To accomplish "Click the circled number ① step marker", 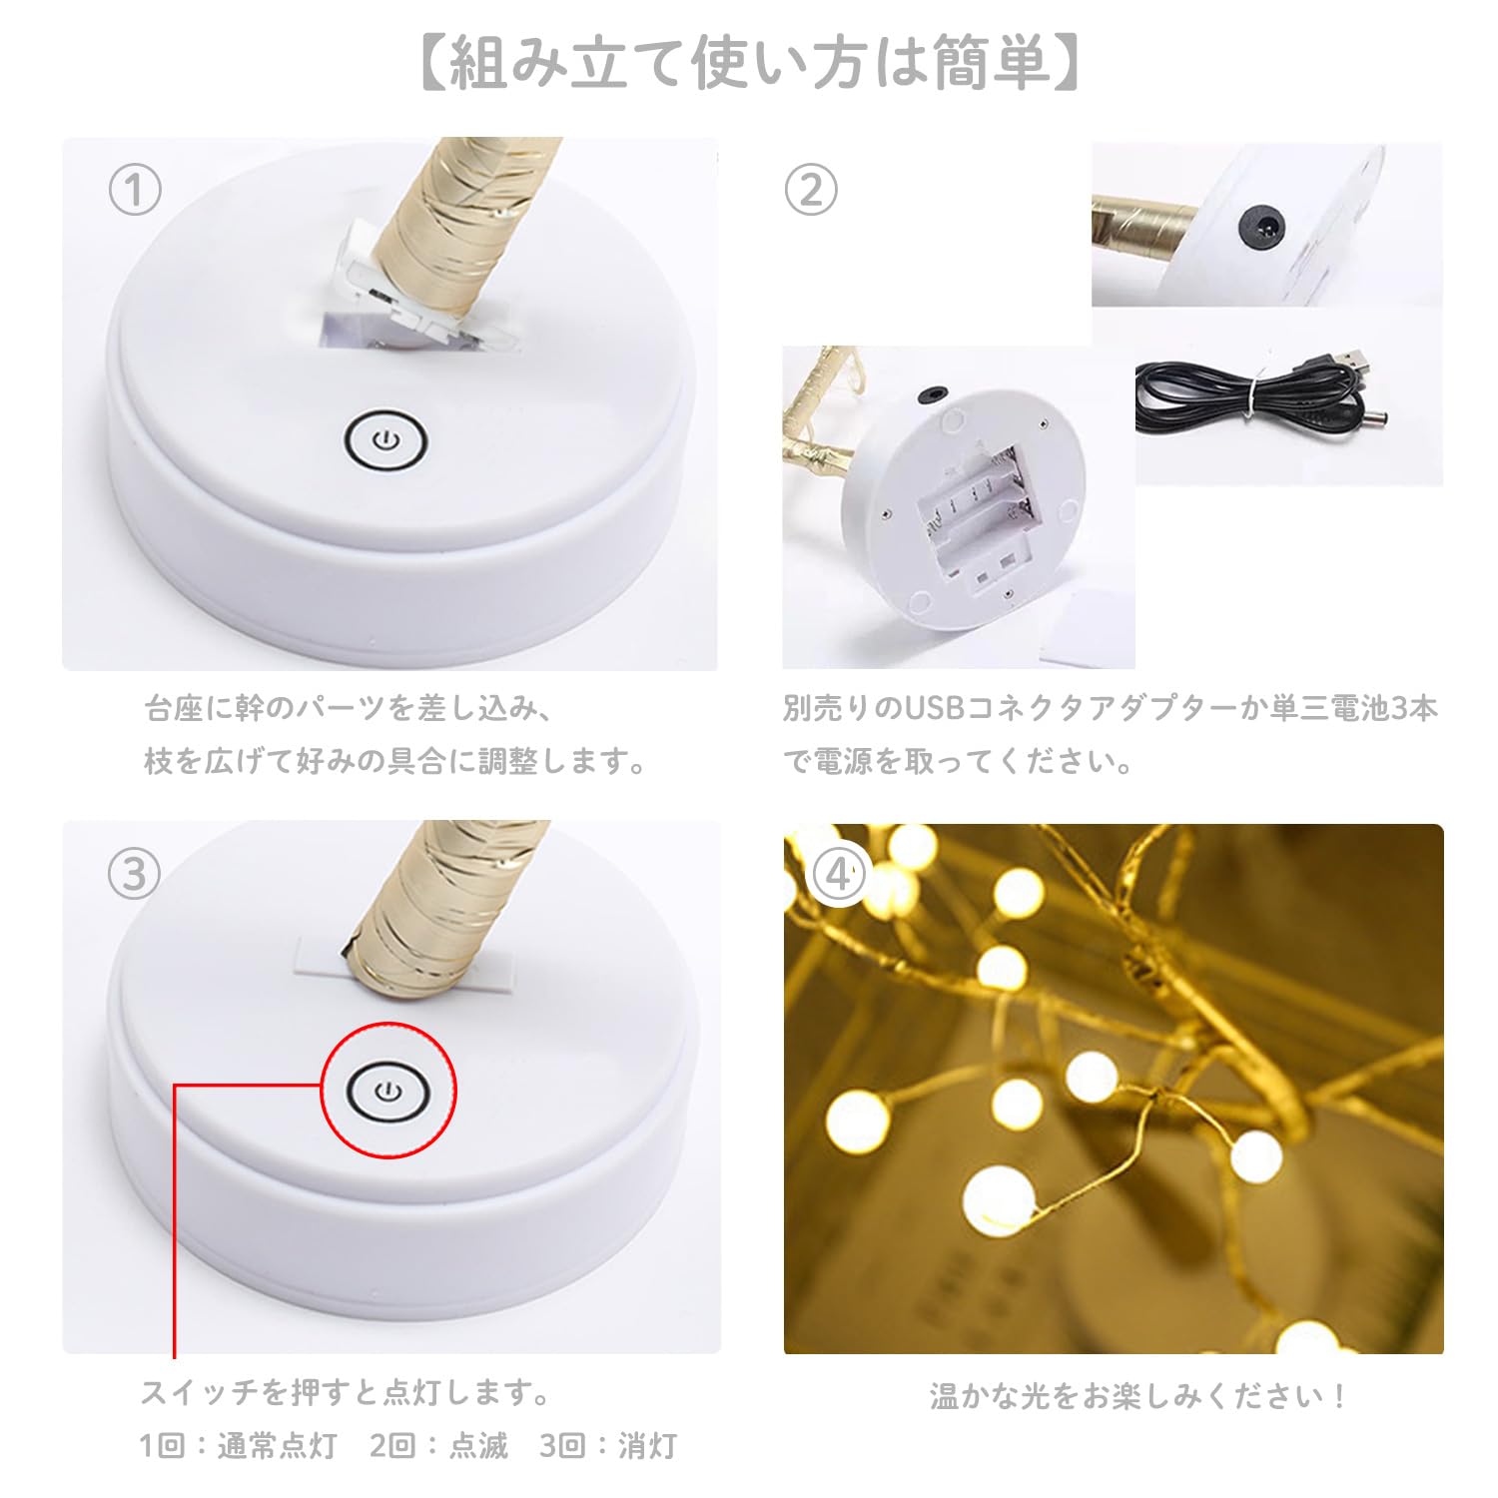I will tap(135, 190).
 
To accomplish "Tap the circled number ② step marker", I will tap(810, 190).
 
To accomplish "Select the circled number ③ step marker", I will tap(135, 874).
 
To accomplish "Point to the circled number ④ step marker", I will tap(839, 875).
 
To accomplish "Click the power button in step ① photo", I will tap(386, 440).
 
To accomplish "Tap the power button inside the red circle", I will tap(388, 1091).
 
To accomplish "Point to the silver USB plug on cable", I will tap(1353, 359).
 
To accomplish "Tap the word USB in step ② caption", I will tap(933, 708).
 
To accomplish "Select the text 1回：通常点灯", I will tap(238, 1445).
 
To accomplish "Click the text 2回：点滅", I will tap(438, 1445).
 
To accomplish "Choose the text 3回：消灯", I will tap(608, 1445).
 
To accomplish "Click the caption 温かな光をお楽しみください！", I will tap(1138, 1395).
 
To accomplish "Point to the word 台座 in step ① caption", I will tap(174, 708).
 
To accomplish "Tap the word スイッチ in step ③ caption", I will tap(199, 1391).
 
